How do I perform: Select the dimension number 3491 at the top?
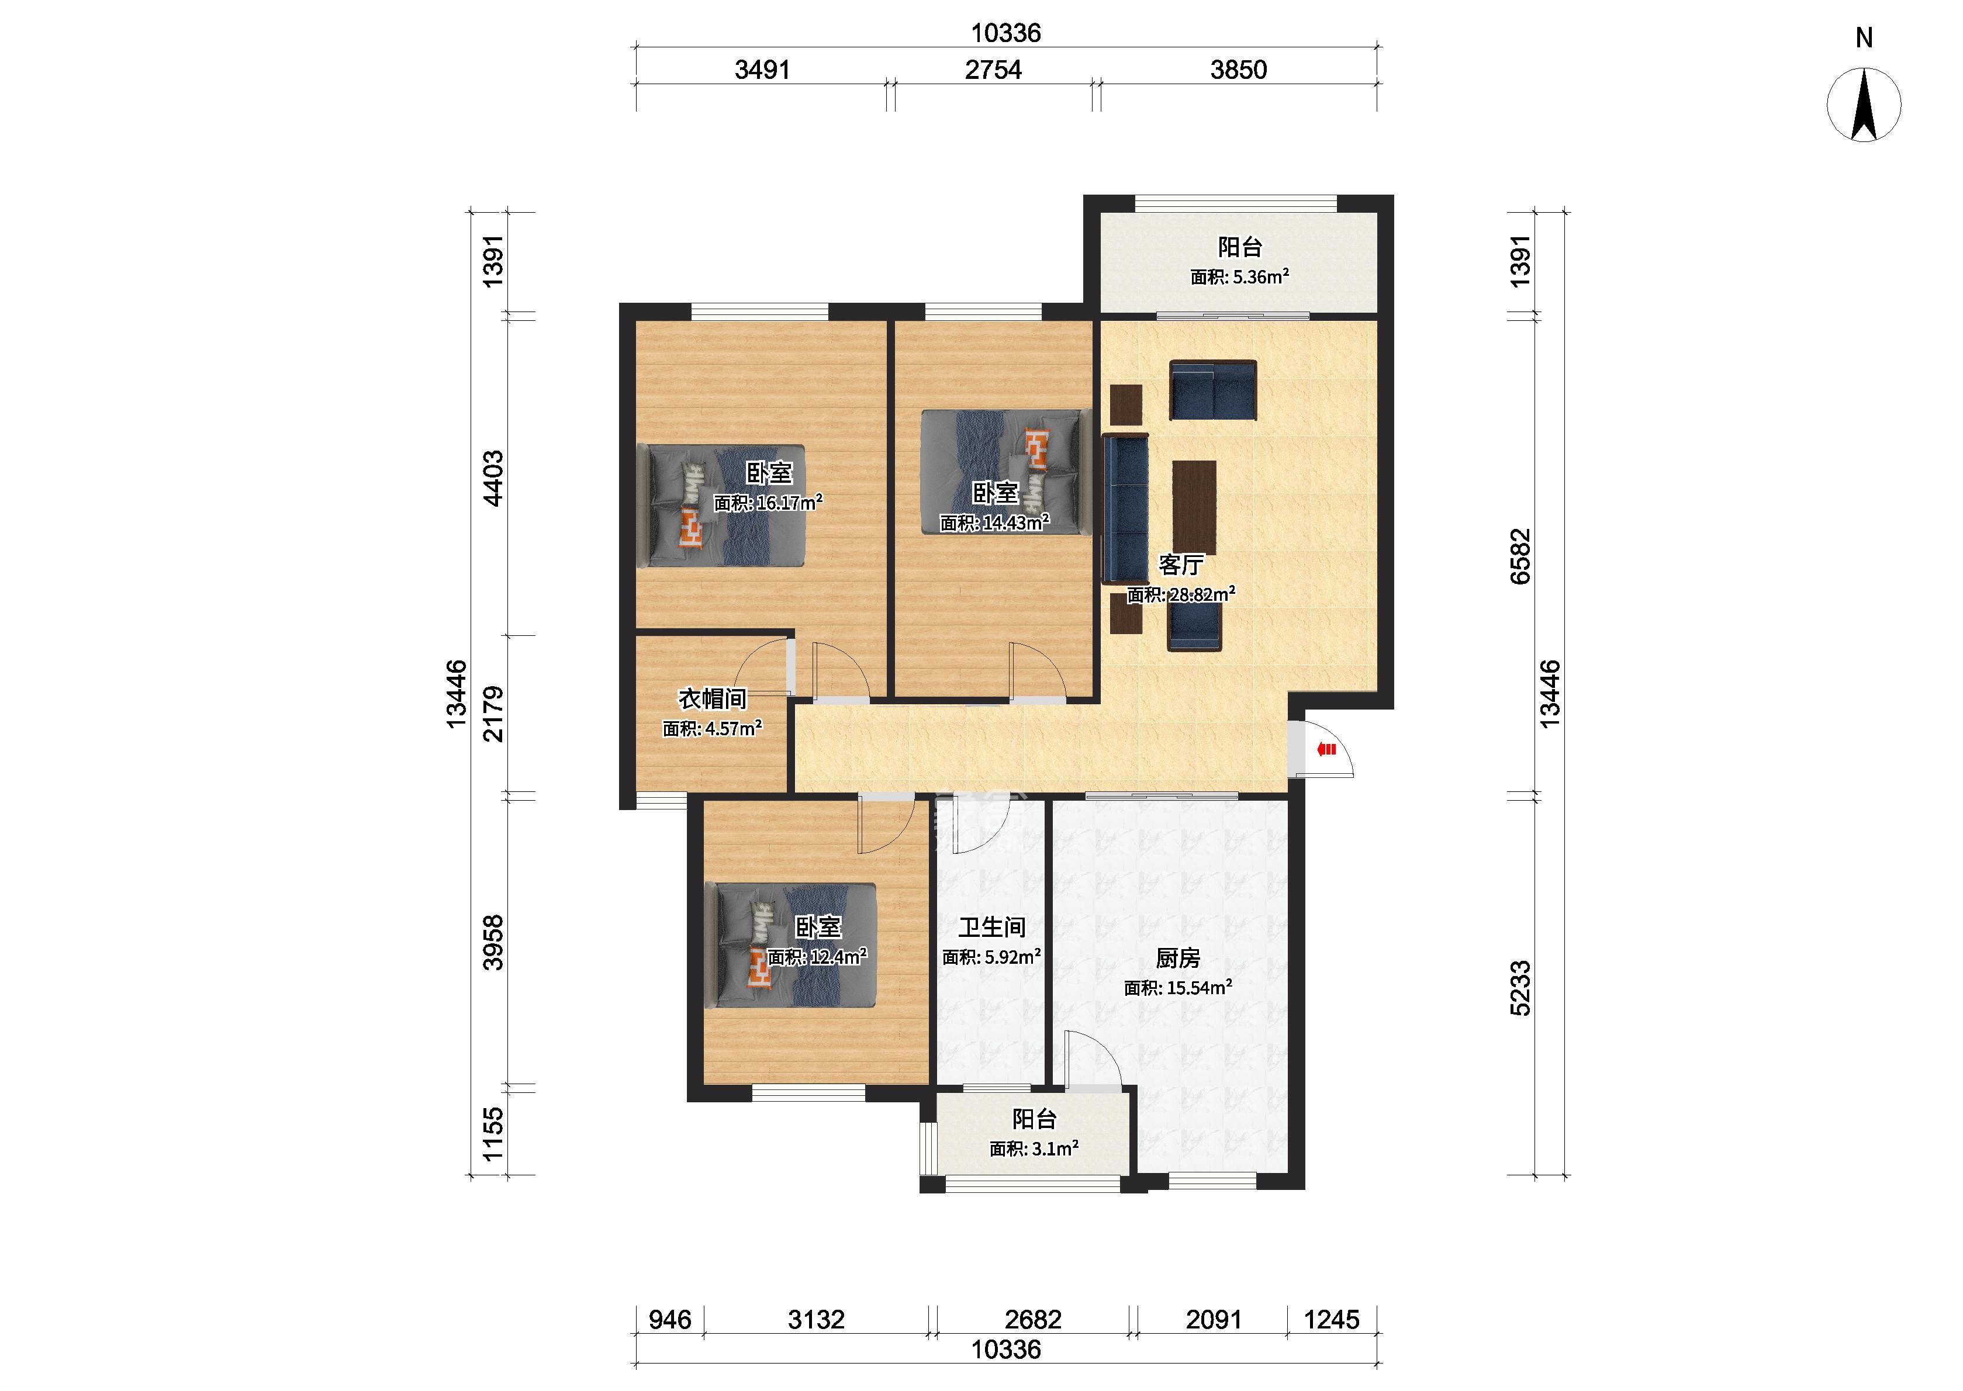(x=762, y=70)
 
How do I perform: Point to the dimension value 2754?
(x=994, y=70)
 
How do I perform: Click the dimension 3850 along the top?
(x=1239, y=70)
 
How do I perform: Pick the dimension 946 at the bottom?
(x=670, y=1320)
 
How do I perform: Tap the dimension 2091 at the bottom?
(x=1214, y=1320)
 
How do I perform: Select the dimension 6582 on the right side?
(x=1520, y=557)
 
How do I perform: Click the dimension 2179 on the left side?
(x=494, y=714)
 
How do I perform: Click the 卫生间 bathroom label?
(x=992, y=927)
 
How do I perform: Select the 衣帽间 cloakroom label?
(x=713, y=699)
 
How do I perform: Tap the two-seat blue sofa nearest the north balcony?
(x=1213, y=390)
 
